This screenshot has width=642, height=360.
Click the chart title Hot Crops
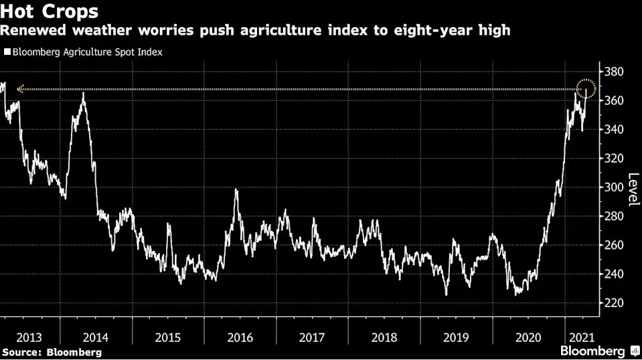(50, 11)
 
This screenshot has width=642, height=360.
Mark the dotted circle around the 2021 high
(586, 89)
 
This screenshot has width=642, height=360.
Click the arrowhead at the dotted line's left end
(19, 89)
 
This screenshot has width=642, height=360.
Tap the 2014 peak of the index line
(83, 94)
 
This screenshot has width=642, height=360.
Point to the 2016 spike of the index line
(236, 191)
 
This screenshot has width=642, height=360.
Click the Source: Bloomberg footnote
(52, 351)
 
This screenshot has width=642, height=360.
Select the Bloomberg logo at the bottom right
(597, 351)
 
